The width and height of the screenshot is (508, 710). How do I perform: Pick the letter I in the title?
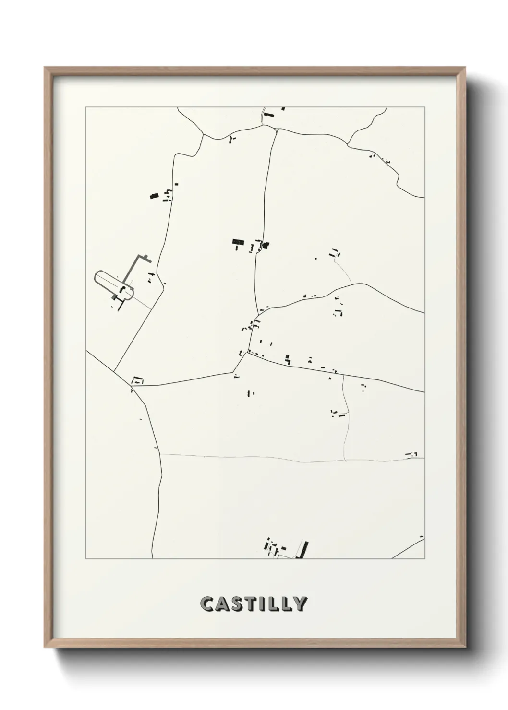263,604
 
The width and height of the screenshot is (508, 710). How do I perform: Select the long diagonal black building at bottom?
304,549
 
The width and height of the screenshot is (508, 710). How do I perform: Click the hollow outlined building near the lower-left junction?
138,380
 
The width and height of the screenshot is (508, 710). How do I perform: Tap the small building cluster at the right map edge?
412,454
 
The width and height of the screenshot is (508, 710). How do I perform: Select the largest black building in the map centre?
237,242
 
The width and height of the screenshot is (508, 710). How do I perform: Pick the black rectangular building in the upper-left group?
154,196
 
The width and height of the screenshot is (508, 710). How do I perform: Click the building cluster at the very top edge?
269,115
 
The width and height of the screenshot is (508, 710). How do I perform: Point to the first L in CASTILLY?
274,604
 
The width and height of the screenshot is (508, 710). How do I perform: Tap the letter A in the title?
223,604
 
